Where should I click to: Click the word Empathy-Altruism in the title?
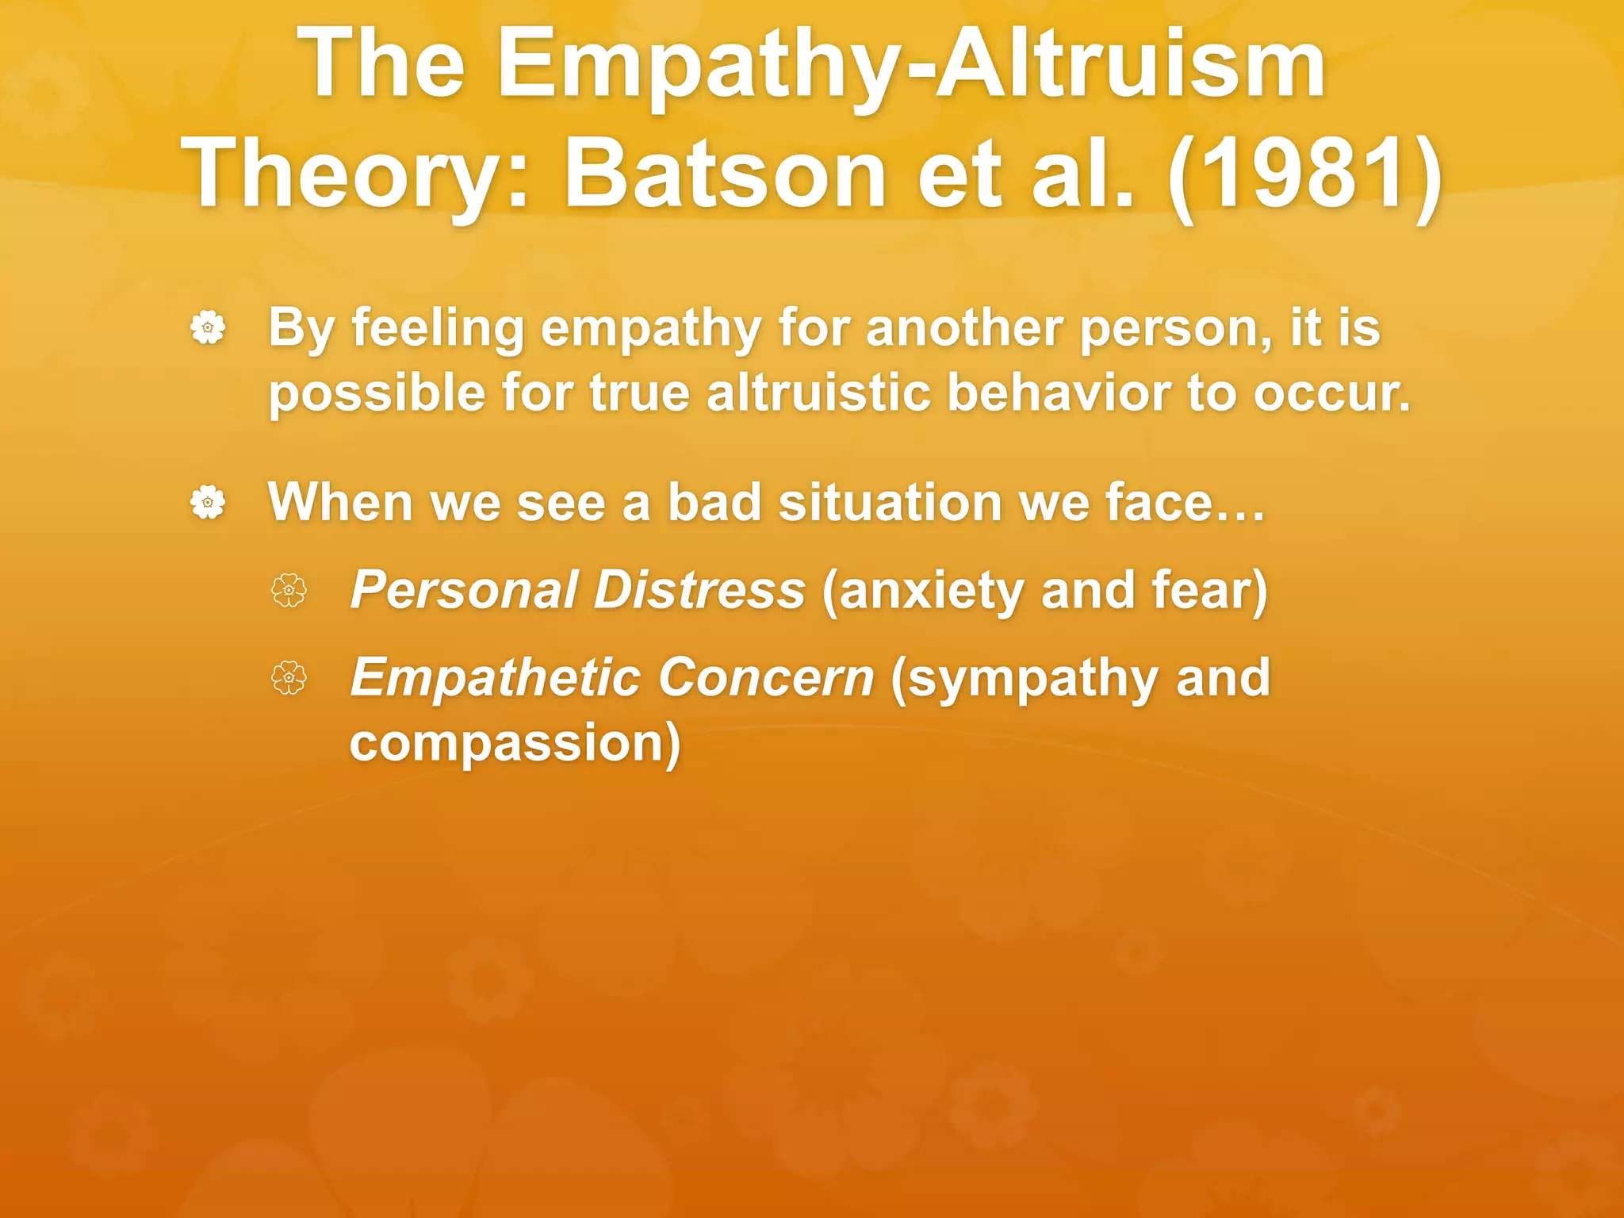[912, 63]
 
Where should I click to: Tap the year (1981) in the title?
[1304, 173]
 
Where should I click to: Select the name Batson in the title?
[726, 173]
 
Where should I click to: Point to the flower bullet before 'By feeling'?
[208, 327]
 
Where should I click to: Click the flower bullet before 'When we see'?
[208, 502]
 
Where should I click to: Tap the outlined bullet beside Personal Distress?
[289, 591]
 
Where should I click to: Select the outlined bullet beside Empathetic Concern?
[289, 678]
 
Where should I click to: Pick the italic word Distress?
[699, 590]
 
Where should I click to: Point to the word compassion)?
[515, 743]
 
